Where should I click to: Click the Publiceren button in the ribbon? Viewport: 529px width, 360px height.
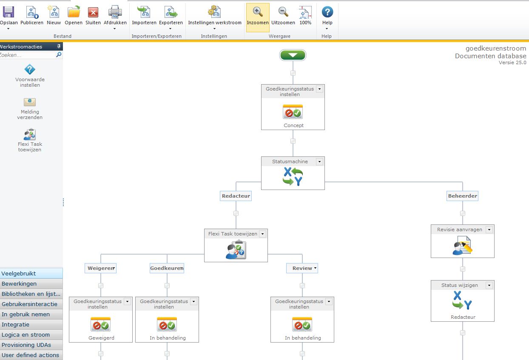click(x=32, y=16)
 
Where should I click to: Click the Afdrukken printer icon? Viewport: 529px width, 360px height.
click(x=115, y=12)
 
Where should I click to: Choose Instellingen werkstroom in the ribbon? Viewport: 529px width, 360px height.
click(x=214, y=16)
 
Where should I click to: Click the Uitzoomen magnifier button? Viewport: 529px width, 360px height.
click(x=283, y=16)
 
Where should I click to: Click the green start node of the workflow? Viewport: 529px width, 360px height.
click(x=293, y=55)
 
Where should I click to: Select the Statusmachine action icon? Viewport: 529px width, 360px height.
click(x=293, y=176)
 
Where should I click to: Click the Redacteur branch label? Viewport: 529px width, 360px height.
click(x=236, y=196)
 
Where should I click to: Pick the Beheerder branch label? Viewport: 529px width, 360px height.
click(x=463, y=196)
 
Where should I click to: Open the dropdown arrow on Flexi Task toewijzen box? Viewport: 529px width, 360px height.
click(x=262, y=234)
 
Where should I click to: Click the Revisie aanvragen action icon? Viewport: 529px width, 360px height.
click(x=462, y=246)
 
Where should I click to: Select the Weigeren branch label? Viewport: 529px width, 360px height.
click(x=100, y=268)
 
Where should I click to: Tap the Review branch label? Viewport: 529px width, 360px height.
click(x=302, y=268)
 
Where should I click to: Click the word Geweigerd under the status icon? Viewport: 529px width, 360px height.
click(x=101, y=338)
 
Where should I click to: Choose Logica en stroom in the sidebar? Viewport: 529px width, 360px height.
click(x=26, y=334)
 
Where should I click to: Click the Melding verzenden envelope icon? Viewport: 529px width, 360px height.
click(x=30, y=102)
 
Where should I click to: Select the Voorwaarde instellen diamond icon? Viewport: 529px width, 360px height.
click(x=30, y=70)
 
